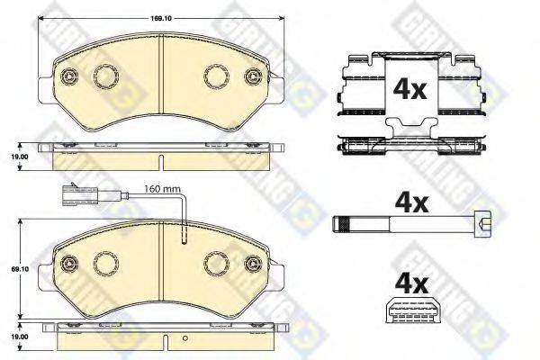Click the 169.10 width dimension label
(160, 18)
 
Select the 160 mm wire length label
(162, 189)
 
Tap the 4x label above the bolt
(411, 202)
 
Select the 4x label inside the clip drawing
(409, 89)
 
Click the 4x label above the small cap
(411, 284)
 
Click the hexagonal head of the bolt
(481, 225)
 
